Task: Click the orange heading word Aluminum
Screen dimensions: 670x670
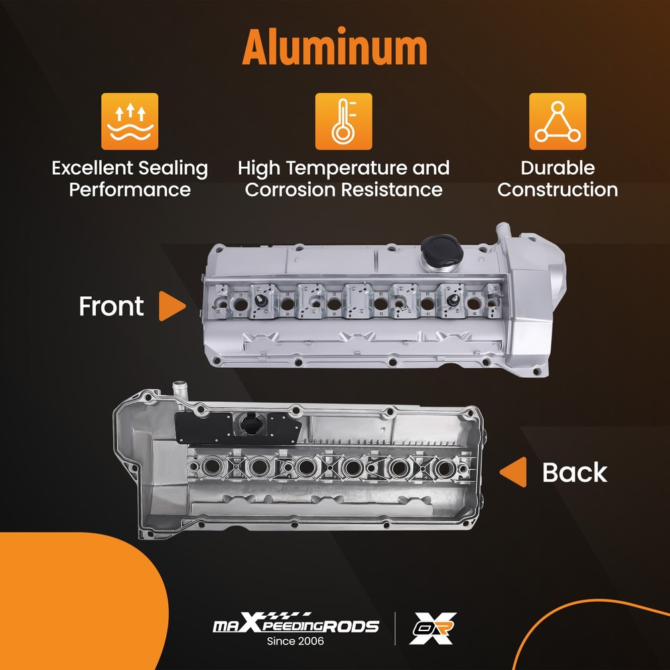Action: tap(334, 47)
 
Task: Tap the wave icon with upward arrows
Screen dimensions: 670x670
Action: tap(129, 121)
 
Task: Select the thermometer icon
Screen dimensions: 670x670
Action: tap(344, 121)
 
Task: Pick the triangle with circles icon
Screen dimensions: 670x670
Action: tap(557, 121)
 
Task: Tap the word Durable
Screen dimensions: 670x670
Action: tap(557, 167)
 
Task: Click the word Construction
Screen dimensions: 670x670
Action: tap(557, 190)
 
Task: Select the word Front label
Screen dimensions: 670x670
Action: tap(111, 306)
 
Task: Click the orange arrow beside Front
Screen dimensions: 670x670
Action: tap(172, 306)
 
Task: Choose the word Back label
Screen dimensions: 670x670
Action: tap(575, 472)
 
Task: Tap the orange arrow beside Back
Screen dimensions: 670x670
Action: tap(513, 472)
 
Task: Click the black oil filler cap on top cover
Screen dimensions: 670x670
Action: tap(442, 249)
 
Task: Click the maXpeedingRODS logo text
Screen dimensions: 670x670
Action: tap(295, 624)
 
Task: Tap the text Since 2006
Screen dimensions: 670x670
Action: tap(295, 641)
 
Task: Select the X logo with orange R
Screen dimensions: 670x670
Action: tap(432, 628)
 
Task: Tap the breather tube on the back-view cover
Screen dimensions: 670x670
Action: tap(179, 392)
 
